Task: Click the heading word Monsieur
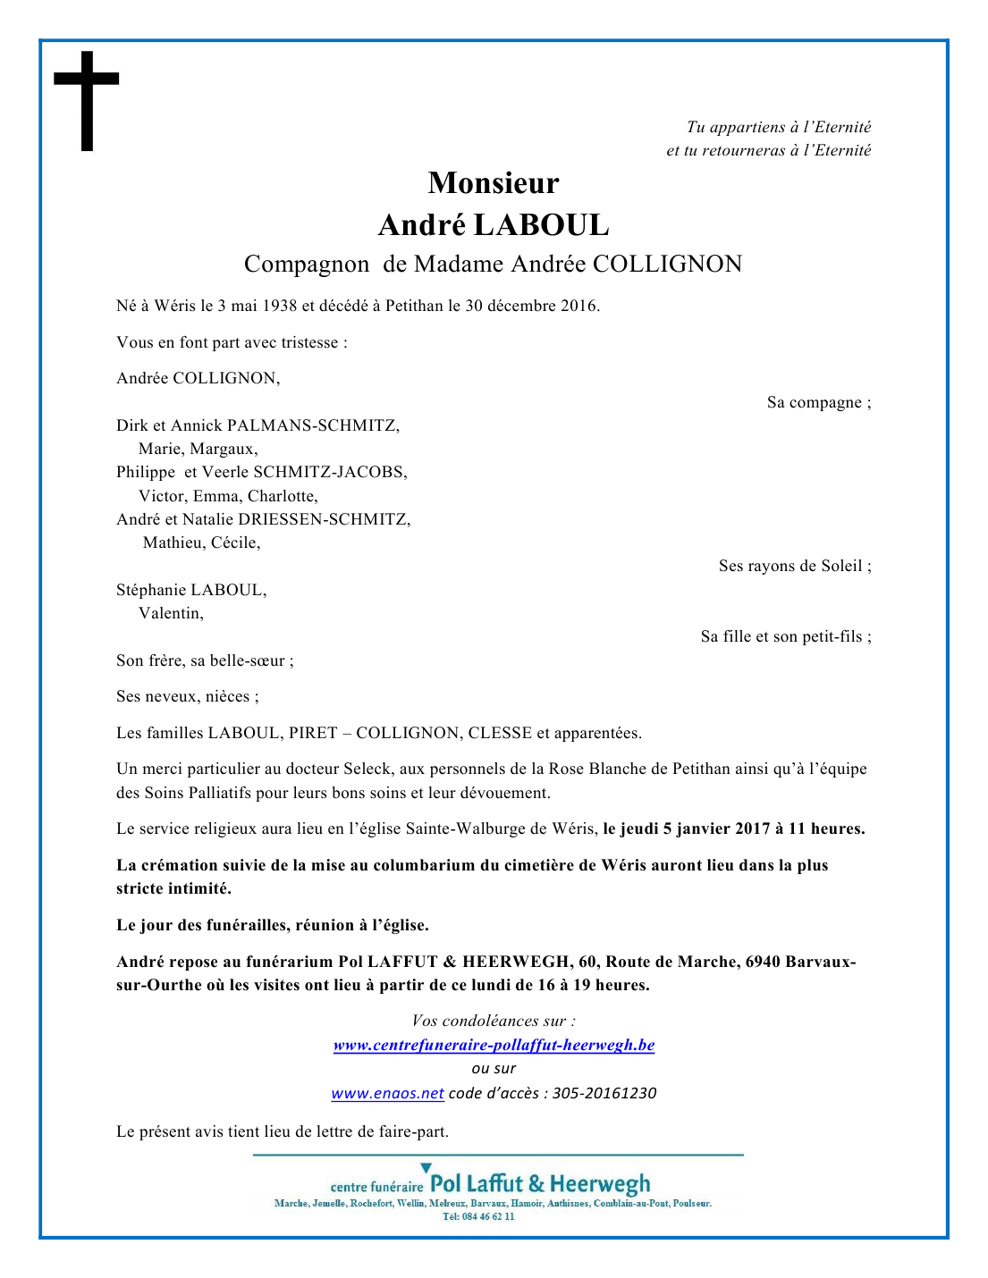pos(494,183)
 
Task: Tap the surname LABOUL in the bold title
pos(541,225)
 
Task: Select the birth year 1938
pos(279,306)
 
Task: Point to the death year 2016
pos(578,306)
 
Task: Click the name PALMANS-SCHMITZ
pos(312,425)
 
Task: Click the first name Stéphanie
pos(150,590)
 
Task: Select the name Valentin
pos(170,613)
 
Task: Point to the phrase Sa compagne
pos(815,402)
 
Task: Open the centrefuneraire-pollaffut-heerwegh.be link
pos(494,1045)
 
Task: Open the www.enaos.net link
pos(387,1093)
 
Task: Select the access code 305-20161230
pos(604,1093)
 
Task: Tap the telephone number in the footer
pos(479,1216)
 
